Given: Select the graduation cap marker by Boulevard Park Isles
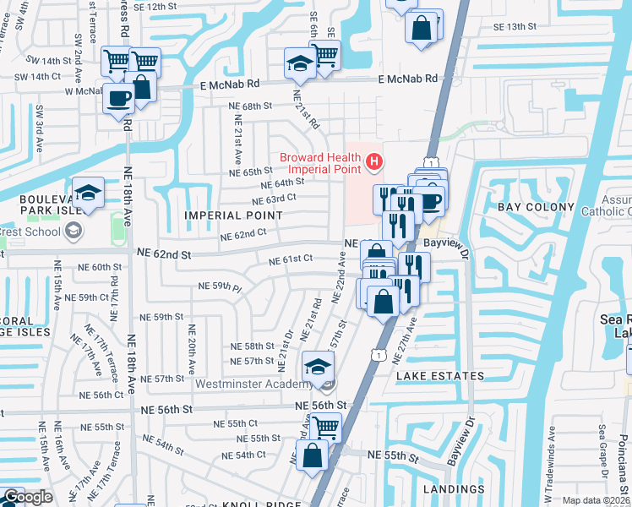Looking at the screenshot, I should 88,193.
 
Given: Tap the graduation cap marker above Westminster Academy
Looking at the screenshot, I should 318,366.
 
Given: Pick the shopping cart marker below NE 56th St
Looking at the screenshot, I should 326,427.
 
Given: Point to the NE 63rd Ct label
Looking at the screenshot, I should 275,200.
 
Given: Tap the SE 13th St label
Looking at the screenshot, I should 516,27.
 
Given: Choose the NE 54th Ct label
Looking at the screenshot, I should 244,454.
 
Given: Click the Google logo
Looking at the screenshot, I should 28,498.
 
